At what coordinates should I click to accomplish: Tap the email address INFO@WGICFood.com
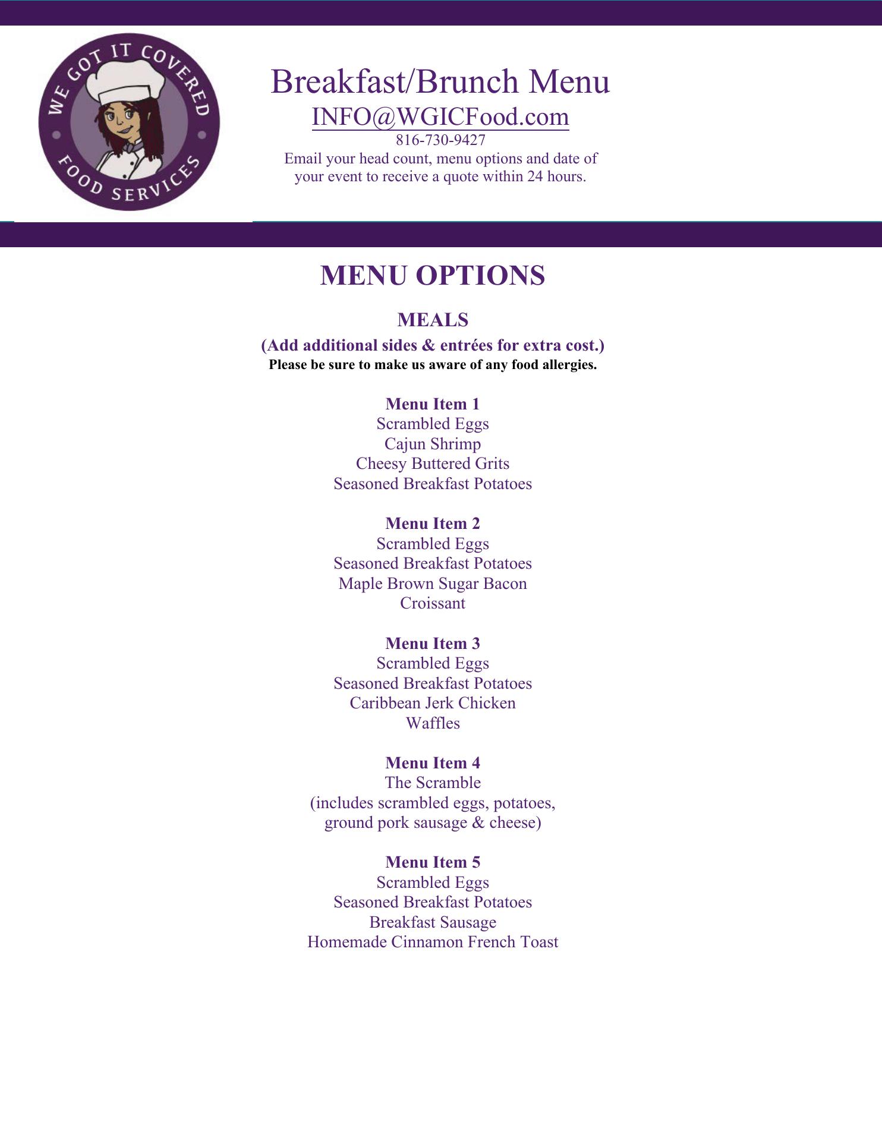click(440, 116)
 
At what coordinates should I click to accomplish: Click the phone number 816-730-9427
click(440, 140)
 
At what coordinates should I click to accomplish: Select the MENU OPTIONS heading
click(433, 276)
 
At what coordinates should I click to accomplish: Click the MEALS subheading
click(433, 320)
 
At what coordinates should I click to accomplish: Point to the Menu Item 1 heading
click(433, 404)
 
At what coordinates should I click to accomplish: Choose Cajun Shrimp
click(433, 444)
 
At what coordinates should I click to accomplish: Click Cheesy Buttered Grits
click(433, 464)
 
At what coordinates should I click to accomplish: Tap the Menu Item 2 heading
click(433, 524)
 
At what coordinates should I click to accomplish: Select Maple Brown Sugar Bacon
click(433, 584)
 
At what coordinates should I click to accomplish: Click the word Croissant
click(433, 603)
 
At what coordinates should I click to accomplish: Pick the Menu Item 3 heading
click(433, 644)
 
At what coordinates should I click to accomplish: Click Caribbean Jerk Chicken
click(433, 703)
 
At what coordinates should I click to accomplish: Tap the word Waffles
click(433, 723)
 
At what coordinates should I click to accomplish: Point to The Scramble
click(433, 783)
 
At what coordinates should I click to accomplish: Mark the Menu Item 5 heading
click(433, 862)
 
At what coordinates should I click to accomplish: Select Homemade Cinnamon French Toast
click(433, 942)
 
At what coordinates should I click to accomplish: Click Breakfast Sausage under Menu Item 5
click(433, 922)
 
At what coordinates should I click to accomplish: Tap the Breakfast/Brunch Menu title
click(440, 81)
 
